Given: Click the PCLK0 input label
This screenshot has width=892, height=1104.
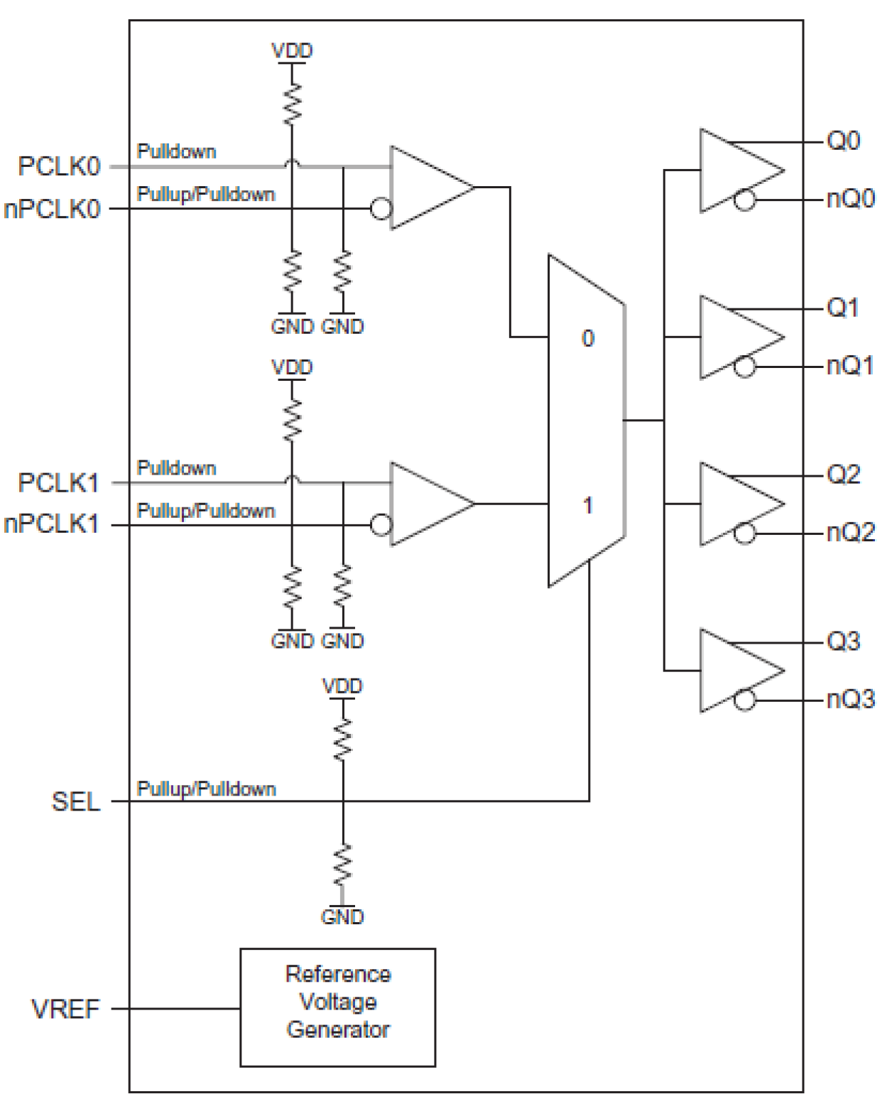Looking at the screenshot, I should click(x=59, y=167).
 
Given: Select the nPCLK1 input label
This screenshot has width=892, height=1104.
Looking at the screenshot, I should click(x=51, y=524).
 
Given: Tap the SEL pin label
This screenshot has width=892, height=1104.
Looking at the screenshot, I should click(x=75, y=802).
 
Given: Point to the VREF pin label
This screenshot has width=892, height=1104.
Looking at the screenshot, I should click(x=65, y=1009).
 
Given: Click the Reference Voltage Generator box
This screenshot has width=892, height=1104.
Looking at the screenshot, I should click(x=337, y=1007).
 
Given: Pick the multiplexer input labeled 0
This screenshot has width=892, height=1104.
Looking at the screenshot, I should click(x=587, y=338).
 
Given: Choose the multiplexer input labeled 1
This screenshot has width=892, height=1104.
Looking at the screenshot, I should click(x=587, y=505).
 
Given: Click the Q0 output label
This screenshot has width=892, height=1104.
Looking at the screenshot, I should click(x=843, y=141).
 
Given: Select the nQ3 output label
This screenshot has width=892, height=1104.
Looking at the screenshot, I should click(x=850, y=699).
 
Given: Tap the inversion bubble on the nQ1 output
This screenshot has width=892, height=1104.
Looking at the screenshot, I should click(x=744, y=367).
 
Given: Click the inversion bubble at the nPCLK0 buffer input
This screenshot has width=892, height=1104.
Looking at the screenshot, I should click(x=381, y=209).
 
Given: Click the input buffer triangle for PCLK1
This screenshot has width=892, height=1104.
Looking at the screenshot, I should click(x=426, y=504).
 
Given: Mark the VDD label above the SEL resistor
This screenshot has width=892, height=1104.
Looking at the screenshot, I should click(x=342, y=686).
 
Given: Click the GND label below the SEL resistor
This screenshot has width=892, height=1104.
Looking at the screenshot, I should click(x=342, y=916).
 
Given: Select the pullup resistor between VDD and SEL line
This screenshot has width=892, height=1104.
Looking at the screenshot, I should click(x=342, y=739).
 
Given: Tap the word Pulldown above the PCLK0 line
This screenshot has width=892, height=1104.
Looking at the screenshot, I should click(x=176, y=151).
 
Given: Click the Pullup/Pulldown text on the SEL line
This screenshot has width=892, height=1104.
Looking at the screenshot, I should click(x=206, y=789).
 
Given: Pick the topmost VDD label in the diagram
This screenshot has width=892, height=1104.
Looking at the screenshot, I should click(x=292, y=50).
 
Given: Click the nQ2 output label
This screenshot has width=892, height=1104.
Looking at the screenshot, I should click(x=850, y=532).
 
